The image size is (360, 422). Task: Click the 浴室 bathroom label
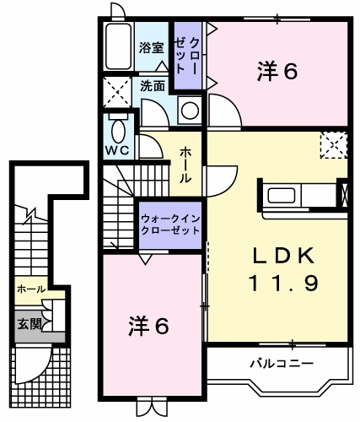pos(151,48)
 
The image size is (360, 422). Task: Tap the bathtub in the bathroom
pos(118,46)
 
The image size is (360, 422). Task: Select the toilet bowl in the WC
pos(118,132)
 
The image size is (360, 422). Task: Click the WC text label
pos(117,150)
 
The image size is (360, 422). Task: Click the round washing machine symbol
pos(190,111)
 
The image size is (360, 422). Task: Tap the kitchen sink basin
pos(282,195)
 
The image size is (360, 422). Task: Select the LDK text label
pos(283,256)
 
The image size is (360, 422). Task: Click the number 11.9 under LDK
pos(284,283)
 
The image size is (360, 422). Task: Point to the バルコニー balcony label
pos(282,364)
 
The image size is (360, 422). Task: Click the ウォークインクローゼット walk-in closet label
pos(170,225)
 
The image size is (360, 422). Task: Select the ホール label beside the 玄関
pos(31,289)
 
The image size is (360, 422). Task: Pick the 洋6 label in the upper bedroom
pos(277,71)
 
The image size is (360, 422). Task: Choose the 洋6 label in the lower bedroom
pos(148,326)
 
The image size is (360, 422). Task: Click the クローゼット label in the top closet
pos(187,55)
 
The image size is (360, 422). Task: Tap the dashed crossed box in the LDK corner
pos(334,145)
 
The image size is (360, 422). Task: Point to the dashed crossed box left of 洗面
pos(117,92)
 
